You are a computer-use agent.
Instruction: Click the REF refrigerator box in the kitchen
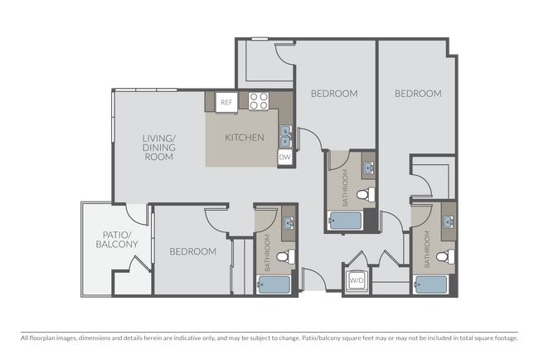(226, 102)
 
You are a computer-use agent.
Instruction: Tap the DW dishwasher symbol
(284, 158)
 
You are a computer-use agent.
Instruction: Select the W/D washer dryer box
(357, 280)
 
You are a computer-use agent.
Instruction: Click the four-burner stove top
(259, 101)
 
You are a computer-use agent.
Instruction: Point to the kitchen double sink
(285, 137)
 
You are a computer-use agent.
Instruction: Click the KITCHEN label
(245, 138)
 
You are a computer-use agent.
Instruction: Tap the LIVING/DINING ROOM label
(159, 148)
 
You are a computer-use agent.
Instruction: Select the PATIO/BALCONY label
(117, 240)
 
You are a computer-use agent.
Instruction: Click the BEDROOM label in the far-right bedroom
(418, 94)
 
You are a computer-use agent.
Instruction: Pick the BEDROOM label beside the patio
(193, 251)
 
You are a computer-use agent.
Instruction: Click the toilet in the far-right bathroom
(445, 256)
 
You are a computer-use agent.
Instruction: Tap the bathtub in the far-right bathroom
(431, 285)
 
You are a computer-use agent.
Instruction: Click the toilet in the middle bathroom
(366, 195)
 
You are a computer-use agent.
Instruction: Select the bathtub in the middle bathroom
(345, 221)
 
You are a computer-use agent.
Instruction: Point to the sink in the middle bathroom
(369, 169)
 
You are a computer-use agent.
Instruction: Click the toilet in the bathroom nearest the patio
(285, 256)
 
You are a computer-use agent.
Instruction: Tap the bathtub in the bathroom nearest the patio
(274, 285)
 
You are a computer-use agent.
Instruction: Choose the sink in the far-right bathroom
(449, 221)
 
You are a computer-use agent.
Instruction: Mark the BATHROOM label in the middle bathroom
(345, 188)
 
